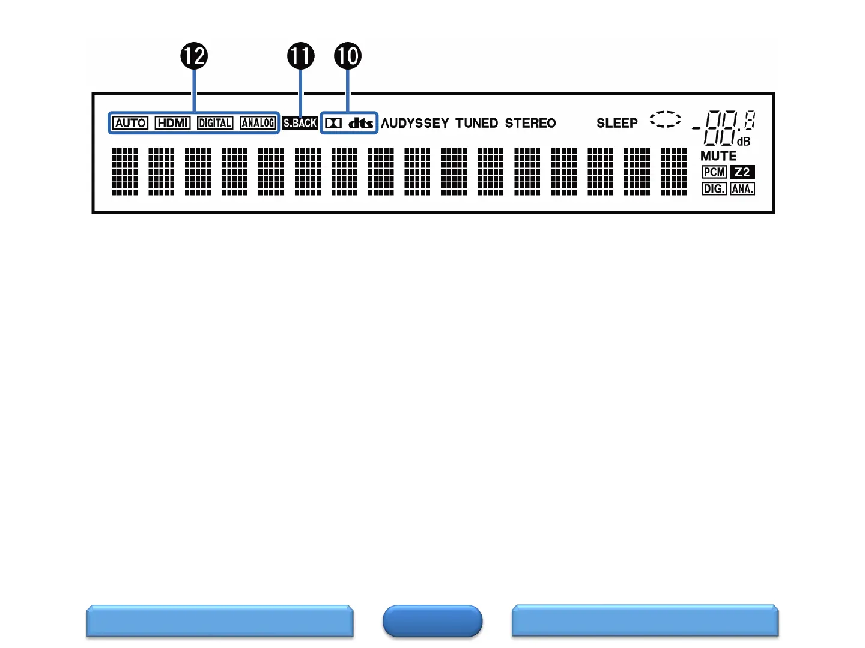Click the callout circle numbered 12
[194, 56]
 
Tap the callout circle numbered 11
[301, 56]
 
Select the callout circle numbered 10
[348, 56]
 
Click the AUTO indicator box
[130, 123]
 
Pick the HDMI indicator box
[172, 123]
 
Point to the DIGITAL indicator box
[215, 123]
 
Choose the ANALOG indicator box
[258, 123]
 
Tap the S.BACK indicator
[300, 123]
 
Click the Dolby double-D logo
[333, 123]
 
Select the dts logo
[361, 123]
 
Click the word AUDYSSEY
[415, 123]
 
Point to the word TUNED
[476, 123]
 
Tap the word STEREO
[530, 123]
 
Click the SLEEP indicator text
[617, 123]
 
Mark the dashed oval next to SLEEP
[666, 119]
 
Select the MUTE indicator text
[718, 156]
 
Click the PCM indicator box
[714, 172]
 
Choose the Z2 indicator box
[742, 172]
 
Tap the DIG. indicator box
[714, 189]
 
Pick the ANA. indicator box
[742, 189]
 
